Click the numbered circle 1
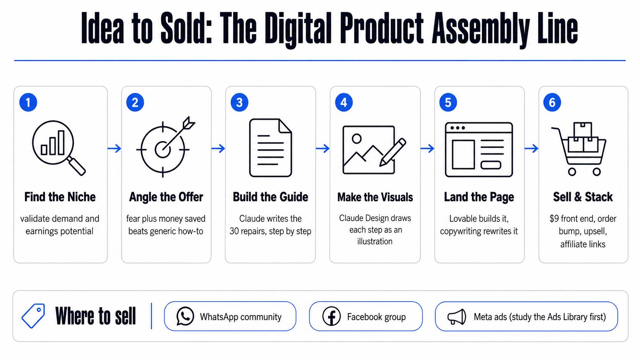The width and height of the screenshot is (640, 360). tap(28, 102)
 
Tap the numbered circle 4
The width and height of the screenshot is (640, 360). tap(344, 102)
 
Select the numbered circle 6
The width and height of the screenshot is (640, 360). tap(552, 102)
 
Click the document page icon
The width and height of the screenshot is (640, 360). tap(270, 148)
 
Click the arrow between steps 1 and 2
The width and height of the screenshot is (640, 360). tap(114, 148)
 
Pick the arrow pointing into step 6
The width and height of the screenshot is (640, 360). tap(531, 148)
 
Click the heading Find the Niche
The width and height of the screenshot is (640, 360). tap(60, 197)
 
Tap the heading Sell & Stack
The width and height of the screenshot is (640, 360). tap(583, 197)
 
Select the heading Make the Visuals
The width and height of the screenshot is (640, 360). tap(375, 197)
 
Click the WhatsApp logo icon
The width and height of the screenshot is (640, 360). tap(185, 316)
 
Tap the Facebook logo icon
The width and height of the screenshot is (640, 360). tap(331, 316)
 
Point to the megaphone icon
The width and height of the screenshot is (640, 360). tap(457, 317)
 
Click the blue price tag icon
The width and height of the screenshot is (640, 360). tap(33, 316)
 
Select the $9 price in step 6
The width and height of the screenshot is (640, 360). tap(554, 219)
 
